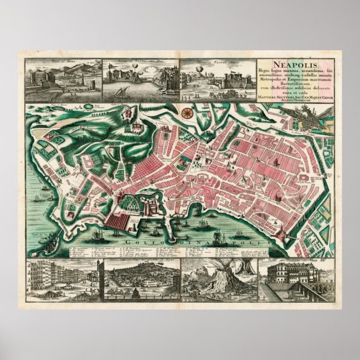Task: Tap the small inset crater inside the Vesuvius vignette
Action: click(x=245, y=269)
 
